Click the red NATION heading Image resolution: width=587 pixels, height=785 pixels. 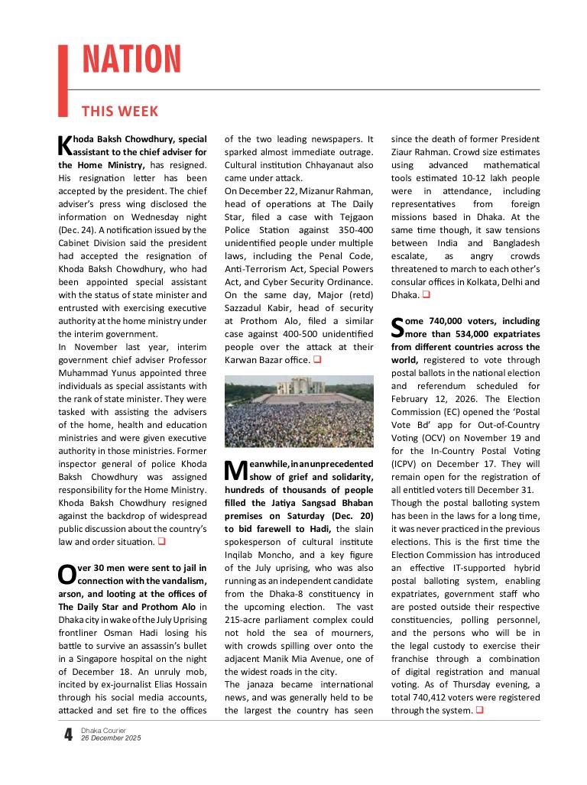131,60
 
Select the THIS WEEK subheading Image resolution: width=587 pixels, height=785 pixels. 119,112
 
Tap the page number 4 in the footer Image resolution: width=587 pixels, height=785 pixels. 69,735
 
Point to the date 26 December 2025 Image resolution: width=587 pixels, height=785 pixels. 111,738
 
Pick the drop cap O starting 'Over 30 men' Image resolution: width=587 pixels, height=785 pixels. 66,573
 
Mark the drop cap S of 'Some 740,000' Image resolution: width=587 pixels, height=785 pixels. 398,327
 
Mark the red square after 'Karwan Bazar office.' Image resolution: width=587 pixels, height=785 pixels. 317,358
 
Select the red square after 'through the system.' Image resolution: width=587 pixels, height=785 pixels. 479,711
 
